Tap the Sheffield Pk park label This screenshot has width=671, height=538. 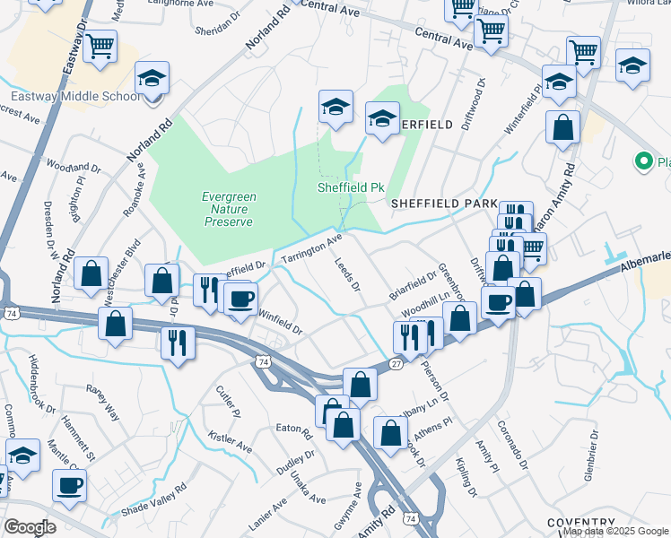click(350, 188)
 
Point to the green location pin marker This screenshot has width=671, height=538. click(643, 162)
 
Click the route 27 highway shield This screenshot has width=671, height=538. click(396, 363)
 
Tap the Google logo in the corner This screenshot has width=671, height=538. click(30, 527)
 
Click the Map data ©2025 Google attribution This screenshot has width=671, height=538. click(615, 531)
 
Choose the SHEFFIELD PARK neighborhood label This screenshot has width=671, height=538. click(443, 204)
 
